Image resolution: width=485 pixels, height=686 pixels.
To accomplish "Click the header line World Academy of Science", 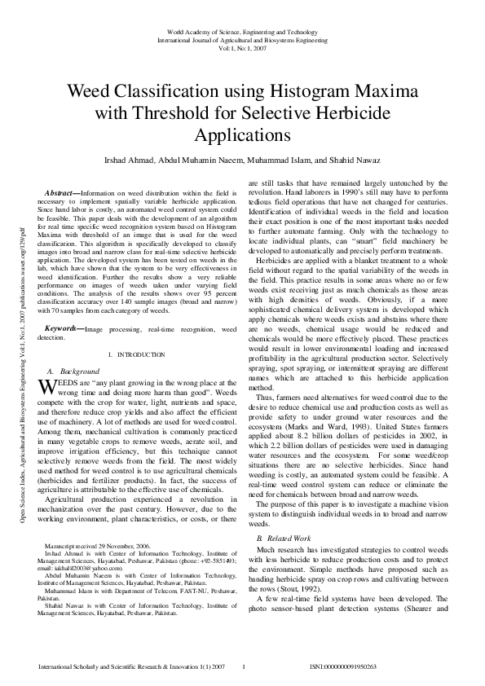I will point(242,31).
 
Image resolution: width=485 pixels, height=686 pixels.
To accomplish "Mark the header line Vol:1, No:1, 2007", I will point(242,47).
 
